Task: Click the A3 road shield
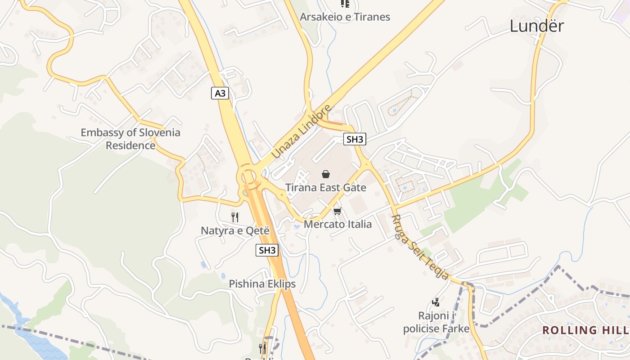[x=220, y=94]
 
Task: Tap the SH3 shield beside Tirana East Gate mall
[x=355, y=139]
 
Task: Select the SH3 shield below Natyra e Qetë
[x=267, y=250]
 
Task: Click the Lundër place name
[x=536, y=26]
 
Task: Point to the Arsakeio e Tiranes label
[x=345, y=17]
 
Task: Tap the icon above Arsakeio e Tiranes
[x=345, y=4]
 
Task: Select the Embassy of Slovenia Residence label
[x=130, y=139]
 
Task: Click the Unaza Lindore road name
[x=301, y=131]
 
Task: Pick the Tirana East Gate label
[x=326, y=188]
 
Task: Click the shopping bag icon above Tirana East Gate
[x=326, y=174]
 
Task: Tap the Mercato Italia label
[x=338, y=224]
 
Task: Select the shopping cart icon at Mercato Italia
[x=337, y=211]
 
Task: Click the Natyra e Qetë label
[x=235, y=231]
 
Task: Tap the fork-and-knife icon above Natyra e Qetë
[x=235, y=217]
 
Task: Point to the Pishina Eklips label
[x=262, y=284]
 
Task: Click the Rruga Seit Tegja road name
[x=420, y=247]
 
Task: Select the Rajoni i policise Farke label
[x=436, y=322]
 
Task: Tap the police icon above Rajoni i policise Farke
[x=436, y=302]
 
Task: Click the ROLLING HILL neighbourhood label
[x=585, y=330]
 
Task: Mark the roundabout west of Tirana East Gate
[x=248, y=177]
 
